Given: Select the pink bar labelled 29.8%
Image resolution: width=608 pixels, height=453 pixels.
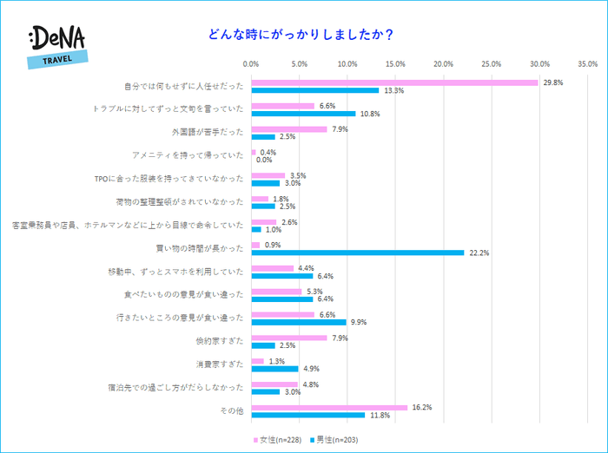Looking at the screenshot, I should (x=394, y=82).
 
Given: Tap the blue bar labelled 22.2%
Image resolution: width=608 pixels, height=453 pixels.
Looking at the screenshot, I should (x=358, y=253).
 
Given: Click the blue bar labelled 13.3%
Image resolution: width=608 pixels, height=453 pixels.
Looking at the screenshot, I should (x=315, y=90).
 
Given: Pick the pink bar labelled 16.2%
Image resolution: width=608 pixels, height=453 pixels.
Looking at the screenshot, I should (x=329, y=407).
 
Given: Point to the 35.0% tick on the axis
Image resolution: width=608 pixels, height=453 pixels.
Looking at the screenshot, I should (x=586, y=63).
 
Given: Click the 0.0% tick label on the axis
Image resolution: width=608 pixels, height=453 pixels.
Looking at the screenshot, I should (x=252, y=63).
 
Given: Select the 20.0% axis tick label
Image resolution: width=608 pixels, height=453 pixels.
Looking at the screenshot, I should (x=443, y=63).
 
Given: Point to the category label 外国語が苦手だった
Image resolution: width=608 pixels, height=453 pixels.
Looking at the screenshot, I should (x=208, y=133).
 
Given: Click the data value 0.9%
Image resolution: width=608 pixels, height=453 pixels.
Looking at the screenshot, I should (x=271, y=245).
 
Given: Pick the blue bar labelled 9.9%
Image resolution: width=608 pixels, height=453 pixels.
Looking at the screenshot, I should (x=299, y=322).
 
